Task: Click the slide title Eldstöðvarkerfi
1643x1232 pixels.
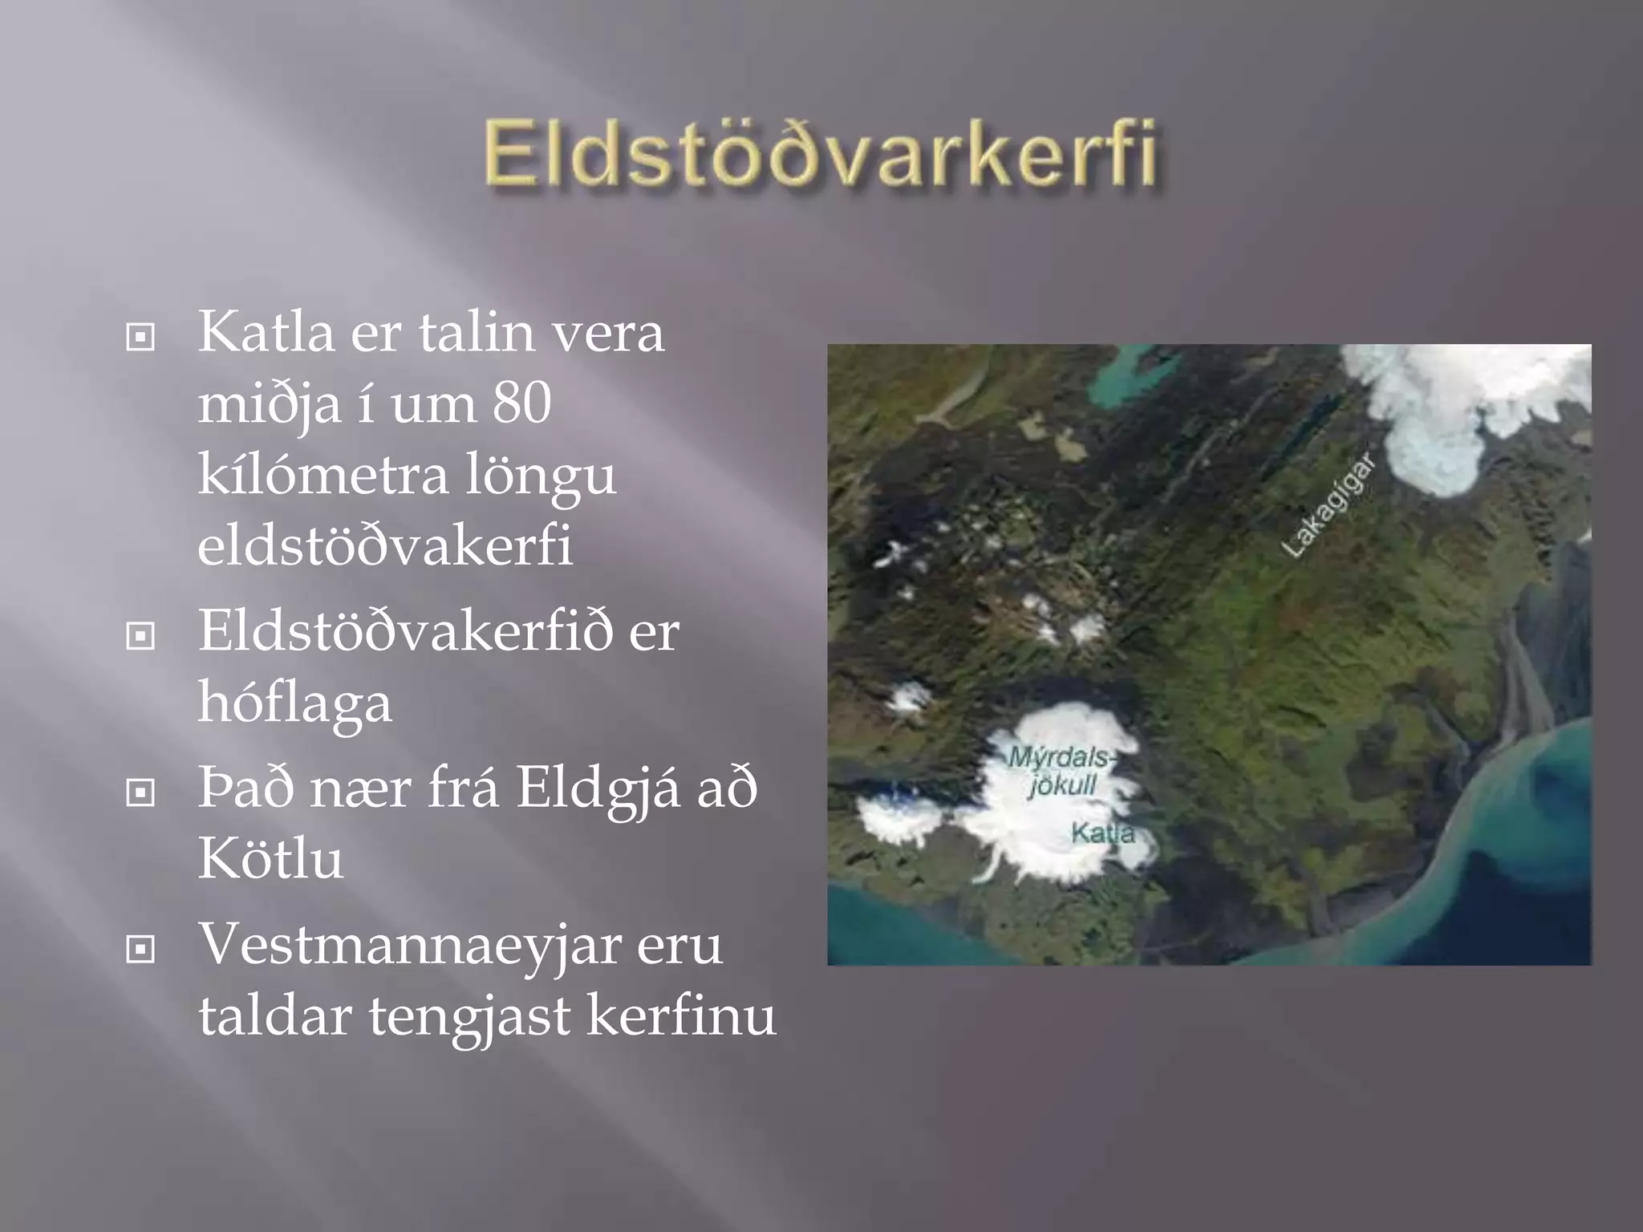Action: click(821, 154)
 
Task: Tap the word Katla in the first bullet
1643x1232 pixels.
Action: click(266, 332)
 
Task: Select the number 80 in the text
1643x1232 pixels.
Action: click(521, 403)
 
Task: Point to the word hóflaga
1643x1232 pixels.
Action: click(294, 703)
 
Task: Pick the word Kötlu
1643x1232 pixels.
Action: click(270, 859)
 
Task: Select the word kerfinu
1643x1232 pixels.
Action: click(681, 1015)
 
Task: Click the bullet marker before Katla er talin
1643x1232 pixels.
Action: click(140, 338)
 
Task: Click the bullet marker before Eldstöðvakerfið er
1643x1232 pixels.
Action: click(140, 637)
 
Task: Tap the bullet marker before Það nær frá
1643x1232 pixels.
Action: click(140, 793)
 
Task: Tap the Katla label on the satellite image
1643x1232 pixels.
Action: click(1103, 833)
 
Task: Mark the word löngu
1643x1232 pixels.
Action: click(541, 474)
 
